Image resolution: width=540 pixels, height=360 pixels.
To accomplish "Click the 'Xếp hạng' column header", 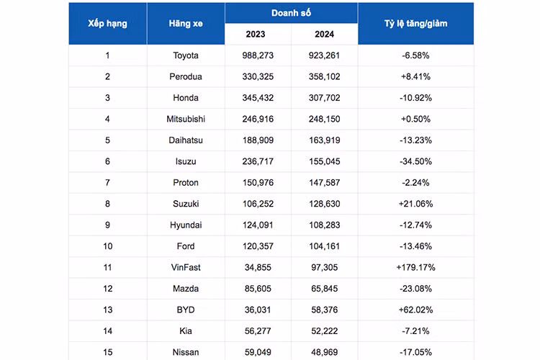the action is pos(107,24).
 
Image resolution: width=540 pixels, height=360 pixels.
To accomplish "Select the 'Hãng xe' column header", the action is pos(186,24).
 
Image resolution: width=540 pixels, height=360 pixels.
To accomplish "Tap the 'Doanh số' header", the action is pos(291,13).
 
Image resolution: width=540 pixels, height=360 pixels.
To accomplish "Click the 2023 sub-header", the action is pos(256,34).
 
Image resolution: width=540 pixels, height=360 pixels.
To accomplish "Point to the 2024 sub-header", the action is pos(325,34).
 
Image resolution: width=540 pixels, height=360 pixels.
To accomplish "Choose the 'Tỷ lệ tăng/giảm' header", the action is pos(415,24).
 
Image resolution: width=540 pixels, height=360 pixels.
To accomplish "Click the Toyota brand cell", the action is pos(186,55).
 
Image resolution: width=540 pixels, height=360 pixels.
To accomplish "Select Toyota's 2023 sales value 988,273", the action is pos(258,55).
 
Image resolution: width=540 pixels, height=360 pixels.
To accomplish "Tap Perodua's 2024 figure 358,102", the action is pos(325,76).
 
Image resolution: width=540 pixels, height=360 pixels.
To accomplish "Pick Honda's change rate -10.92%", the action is pos(415,98).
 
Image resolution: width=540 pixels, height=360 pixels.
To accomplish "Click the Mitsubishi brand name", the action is pos(186,119).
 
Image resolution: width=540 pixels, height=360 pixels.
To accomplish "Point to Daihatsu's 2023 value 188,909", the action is pos(258,140).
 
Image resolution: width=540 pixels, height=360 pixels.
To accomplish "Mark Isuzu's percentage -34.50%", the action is pos(415,161).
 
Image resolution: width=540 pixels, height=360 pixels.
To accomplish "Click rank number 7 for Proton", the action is pos(107,183).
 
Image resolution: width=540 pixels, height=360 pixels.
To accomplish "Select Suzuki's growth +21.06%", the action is pos(415,204).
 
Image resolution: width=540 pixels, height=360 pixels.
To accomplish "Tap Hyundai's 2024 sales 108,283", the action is pos(325,225).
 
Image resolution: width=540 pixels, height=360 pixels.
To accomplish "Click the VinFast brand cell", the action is pos(186,267).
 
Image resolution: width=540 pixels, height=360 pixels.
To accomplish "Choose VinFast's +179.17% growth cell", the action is pos(415,267).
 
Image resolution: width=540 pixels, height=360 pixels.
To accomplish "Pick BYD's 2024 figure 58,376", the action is pos(325,310).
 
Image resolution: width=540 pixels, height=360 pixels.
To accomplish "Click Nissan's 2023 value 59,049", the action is pos(258,352).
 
